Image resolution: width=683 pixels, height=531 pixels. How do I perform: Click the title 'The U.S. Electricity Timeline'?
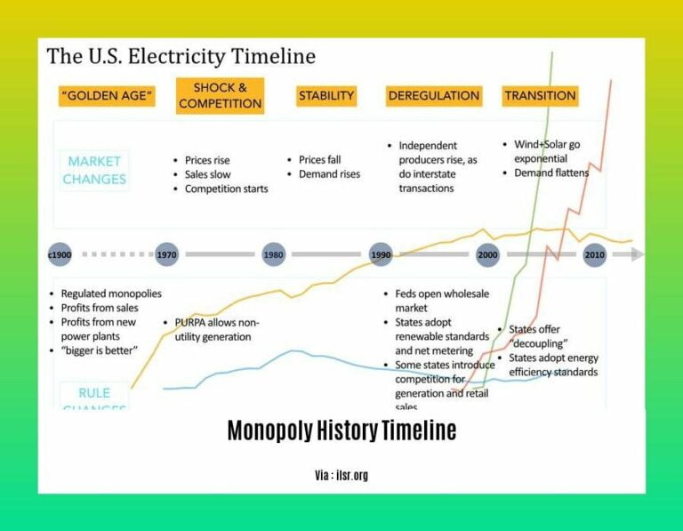(x=181, y=57)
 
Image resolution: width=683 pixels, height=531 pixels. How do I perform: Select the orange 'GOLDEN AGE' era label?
(x=107, y=96)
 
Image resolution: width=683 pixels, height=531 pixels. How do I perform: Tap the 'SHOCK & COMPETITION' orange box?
(x=220, y=95)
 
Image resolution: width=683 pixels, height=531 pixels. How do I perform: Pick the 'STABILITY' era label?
(x=326, y=96)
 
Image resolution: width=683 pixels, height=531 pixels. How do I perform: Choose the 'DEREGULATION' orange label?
(x=433, y=96)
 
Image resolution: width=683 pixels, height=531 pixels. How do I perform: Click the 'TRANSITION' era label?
(x=540, y=96)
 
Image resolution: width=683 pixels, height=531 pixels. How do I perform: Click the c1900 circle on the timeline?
(x=60, y=254)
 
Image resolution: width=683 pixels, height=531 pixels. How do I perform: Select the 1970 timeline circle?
(x=166, y=254)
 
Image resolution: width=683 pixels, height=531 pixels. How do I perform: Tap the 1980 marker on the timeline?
(x=274, y=254)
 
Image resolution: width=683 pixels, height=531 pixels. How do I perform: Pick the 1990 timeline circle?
(x=381, y=254)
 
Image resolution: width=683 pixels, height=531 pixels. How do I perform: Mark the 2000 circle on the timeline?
(x=487, y=254)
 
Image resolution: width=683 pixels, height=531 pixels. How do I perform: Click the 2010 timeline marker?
(x=594, y=254)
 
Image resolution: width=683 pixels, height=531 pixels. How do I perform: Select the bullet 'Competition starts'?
(x=226, y=189)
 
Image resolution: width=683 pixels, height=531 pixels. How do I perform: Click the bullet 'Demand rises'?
(x=329, y=174)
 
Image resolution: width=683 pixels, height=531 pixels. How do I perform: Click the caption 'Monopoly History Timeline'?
(x=341, y=431)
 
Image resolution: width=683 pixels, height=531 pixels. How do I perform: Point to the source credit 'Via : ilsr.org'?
(x=341, y=475)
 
